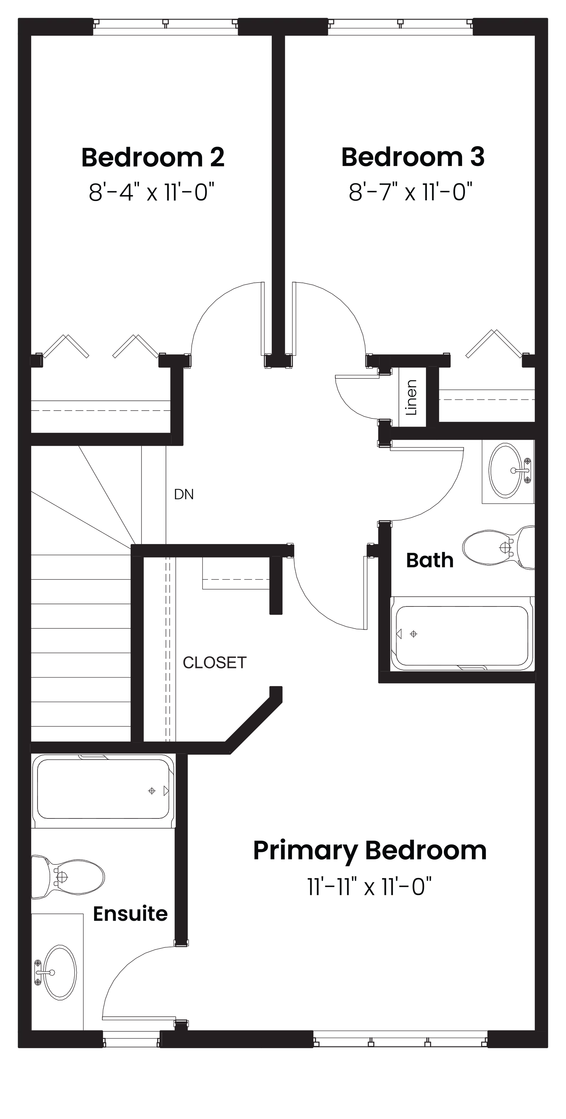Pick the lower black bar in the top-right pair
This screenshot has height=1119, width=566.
[x=440, y=191]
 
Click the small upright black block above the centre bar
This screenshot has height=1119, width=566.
[x=415, y=397]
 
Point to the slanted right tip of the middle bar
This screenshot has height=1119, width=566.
[x=443, y=491]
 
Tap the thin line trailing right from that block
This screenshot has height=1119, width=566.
[x=499, y=567]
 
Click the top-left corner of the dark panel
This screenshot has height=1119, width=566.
[x=18, y=18]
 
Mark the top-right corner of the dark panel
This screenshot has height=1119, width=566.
[x=548, y=18]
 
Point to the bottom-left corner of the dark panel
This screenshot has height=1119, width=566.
[x=18, y=1050]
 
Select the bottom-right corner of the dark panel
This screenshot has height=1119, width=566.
[x=548, y=1050]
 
